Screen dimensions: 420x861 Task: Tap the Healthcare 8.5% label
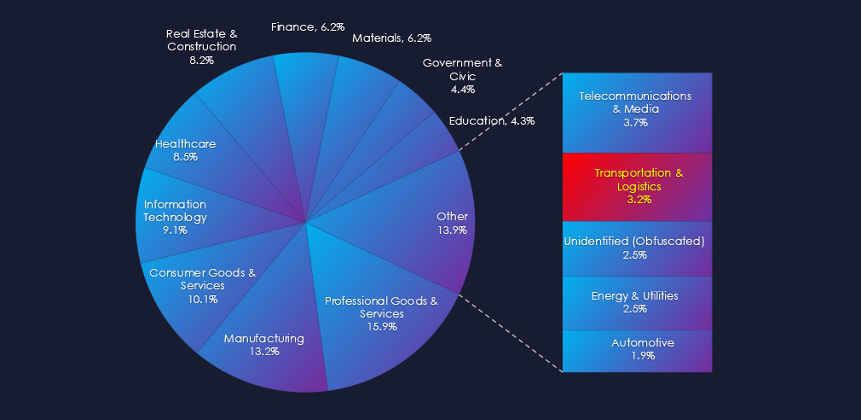185,150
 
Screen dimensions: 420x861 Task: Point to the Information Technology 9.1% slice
175,217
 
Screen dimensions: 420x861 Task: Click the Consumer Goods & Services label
203,279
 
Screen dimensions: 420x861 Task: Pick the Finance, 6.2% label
307,27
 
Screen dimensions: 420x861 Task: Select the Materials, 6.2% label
391,38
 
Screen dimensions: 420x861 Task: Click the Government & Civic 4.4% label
463,76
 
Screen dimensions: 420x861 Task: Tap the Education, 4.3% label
492,121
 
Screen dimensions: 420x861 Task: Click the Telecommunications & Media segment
635,109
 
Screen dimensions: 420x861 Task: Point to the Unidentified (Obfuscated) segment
635,248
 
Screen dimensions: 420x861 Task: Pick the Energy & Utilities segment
635,302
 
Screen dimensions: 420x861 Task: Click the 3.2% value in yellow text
639,200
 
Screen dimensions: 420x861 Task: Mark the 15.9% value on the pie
381,327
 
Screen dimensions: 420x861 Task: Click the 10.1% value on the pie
203,300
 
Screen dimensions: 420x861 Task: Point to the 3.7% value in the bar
635,123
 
